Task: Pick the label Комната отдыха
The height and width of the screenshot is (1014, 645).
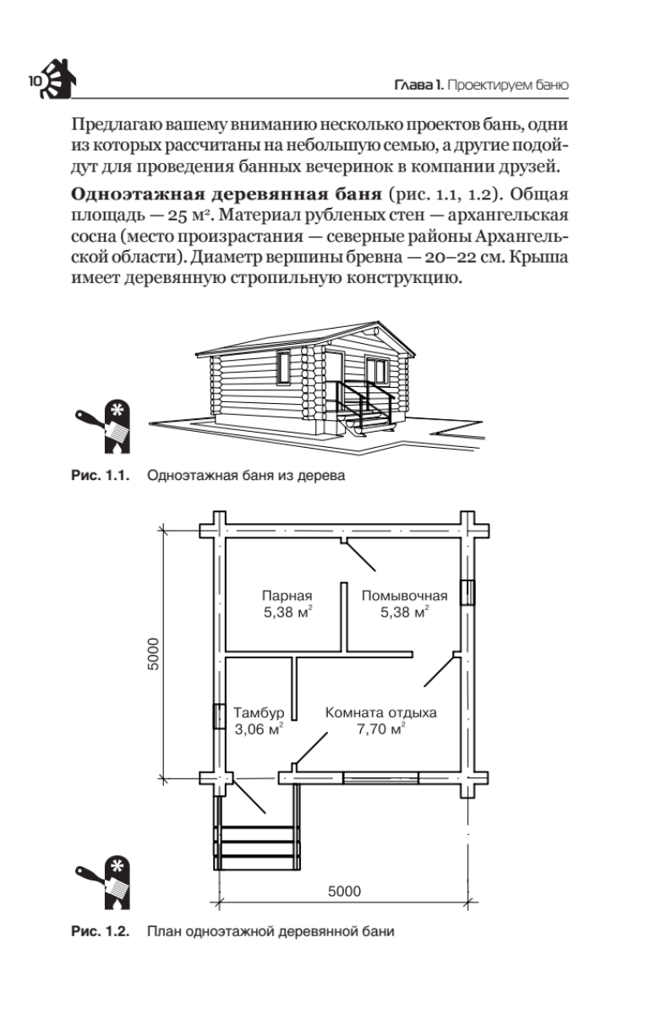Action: click(x=381, y=712)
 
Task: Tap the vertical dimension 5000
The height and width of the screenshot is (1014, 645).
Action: click(x=153, y=652)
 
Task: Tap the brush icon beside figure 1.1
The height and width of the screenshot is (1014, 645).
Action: click(x=103, y=422)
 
